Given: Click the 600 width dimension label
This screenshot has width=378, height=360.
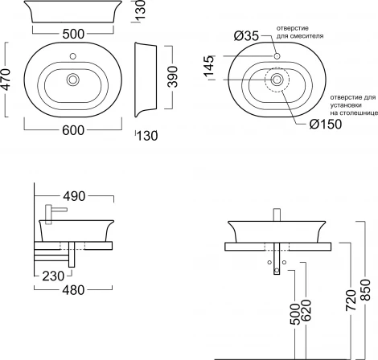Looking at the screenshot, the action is click(x=73, y=130).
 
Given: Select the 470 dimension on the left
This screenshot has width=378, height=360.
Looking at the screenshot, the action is click(x=6, y=80).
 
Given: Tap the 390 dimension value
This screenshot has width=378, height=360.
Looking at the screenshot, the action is click(x=172, y=77).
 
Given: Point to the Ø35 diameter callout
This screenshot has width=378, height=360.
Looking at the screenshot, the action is click(x=246, y=36).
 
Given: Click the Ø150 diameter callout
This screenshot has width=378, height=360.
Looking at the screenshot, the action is click(x=326, y=124).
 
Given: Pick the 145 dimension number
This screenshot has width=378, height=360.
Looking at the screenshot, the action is click(x=209, y=66).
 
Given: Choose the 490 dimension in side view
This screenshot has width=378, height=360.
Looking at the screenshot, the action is click(x=74, y=196).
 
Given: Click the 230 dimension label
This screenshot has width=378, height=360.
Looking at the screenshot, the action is click(x=53, y=276).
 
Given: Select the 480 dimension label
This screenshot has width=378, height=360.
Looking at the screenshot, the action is click(x=73, y=290).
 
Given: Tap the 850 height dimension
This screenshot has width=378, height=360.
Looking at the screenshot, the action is click(x=365, y=290).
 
